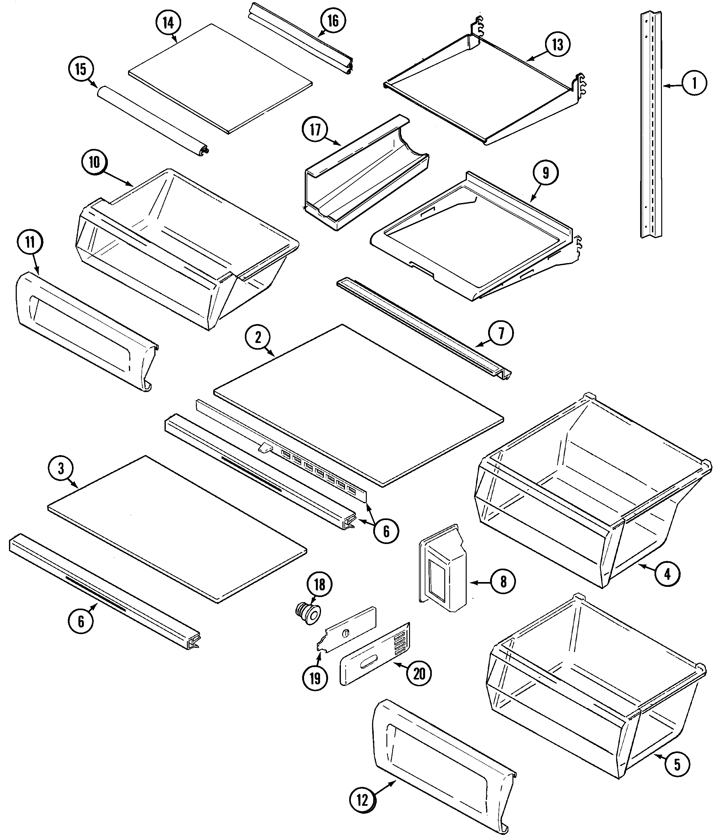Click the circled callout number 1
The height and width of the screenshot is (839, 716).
(694, 83)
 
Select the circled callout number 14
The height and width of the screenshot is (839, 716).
(168, 23)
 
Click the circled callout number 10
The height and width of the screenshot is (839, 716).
(94, 163)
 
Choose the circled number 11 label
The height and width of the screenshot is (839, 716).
(29, 242)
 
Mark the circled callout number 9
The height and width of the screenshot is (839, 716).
(545, 173)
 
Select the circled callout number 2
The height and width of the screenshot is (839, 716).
(258, 337)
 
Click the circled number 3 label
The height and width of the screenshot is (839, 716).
(61, 469)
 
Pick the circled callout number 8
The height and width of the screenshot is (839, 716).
(503, 582)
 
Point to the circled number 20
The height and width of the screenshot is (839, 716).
(419, 674)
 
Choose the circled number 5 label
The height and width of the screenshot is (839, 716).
(677, 765)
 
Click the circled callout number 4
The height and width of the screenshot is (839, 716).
(667, 574)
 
